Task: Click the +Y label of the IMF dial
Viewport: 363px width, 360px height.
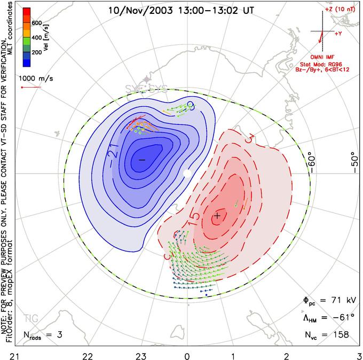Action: [338, 34]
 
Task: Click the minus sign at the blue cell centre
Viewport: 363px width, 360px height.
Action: [142, 159]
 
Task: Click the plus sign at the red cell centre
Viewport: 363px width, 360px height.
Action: [217, 215]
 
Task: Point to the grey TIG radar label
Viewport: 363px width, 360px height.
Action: [31, 318]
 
